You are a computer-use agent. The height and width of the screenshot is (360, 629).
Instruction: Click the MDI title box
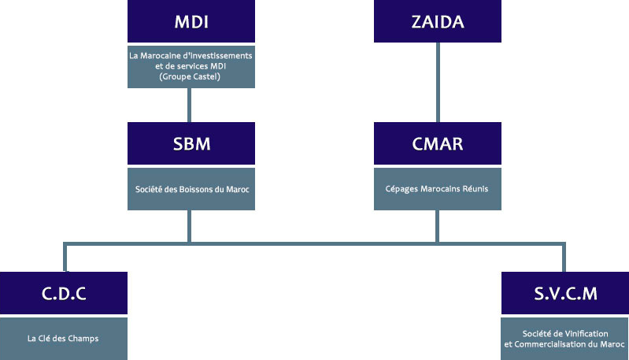(x=191, y=21)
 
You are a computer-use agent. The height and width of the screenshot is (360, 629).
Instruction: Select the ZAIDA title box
(x=438, y=21)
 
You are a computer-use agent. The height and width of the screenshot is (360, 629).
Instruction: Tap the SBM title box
(x=191, y=144)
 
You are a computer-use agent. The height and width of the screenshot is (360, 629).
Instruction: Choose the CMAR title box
(x=438, y=144)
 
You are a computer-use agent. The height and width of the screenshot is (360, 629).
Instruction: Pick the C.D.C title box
(x=63, y=294)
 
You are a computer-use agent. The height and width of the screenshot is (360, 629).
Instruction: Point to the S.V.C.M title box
(x=564, y=294)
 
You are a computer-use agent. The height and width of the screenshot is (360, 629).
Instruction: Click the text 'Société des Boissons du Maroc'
(x=191, y=188)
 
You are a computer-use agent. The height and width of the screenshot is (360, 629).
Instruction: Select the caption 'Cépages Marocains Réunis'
(x=438, y=188)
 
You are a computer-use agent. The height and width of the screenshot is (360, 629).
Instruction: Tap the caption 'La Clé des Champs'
(x=63, y=339)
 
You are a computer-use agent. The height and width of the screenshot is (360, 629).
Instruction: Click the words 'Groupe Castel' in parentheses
(x=191, y=77)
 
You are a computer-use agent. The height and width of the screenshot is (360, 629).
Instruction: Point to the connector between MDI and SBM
(x=191, y=105)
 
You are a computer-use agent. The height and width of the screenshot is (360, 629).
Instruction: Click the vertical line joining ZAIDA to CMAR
(x=438, y=82)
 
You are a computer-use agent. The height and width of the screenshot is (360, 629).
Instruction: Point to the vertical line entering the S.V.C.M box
(x=564, y=258)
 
